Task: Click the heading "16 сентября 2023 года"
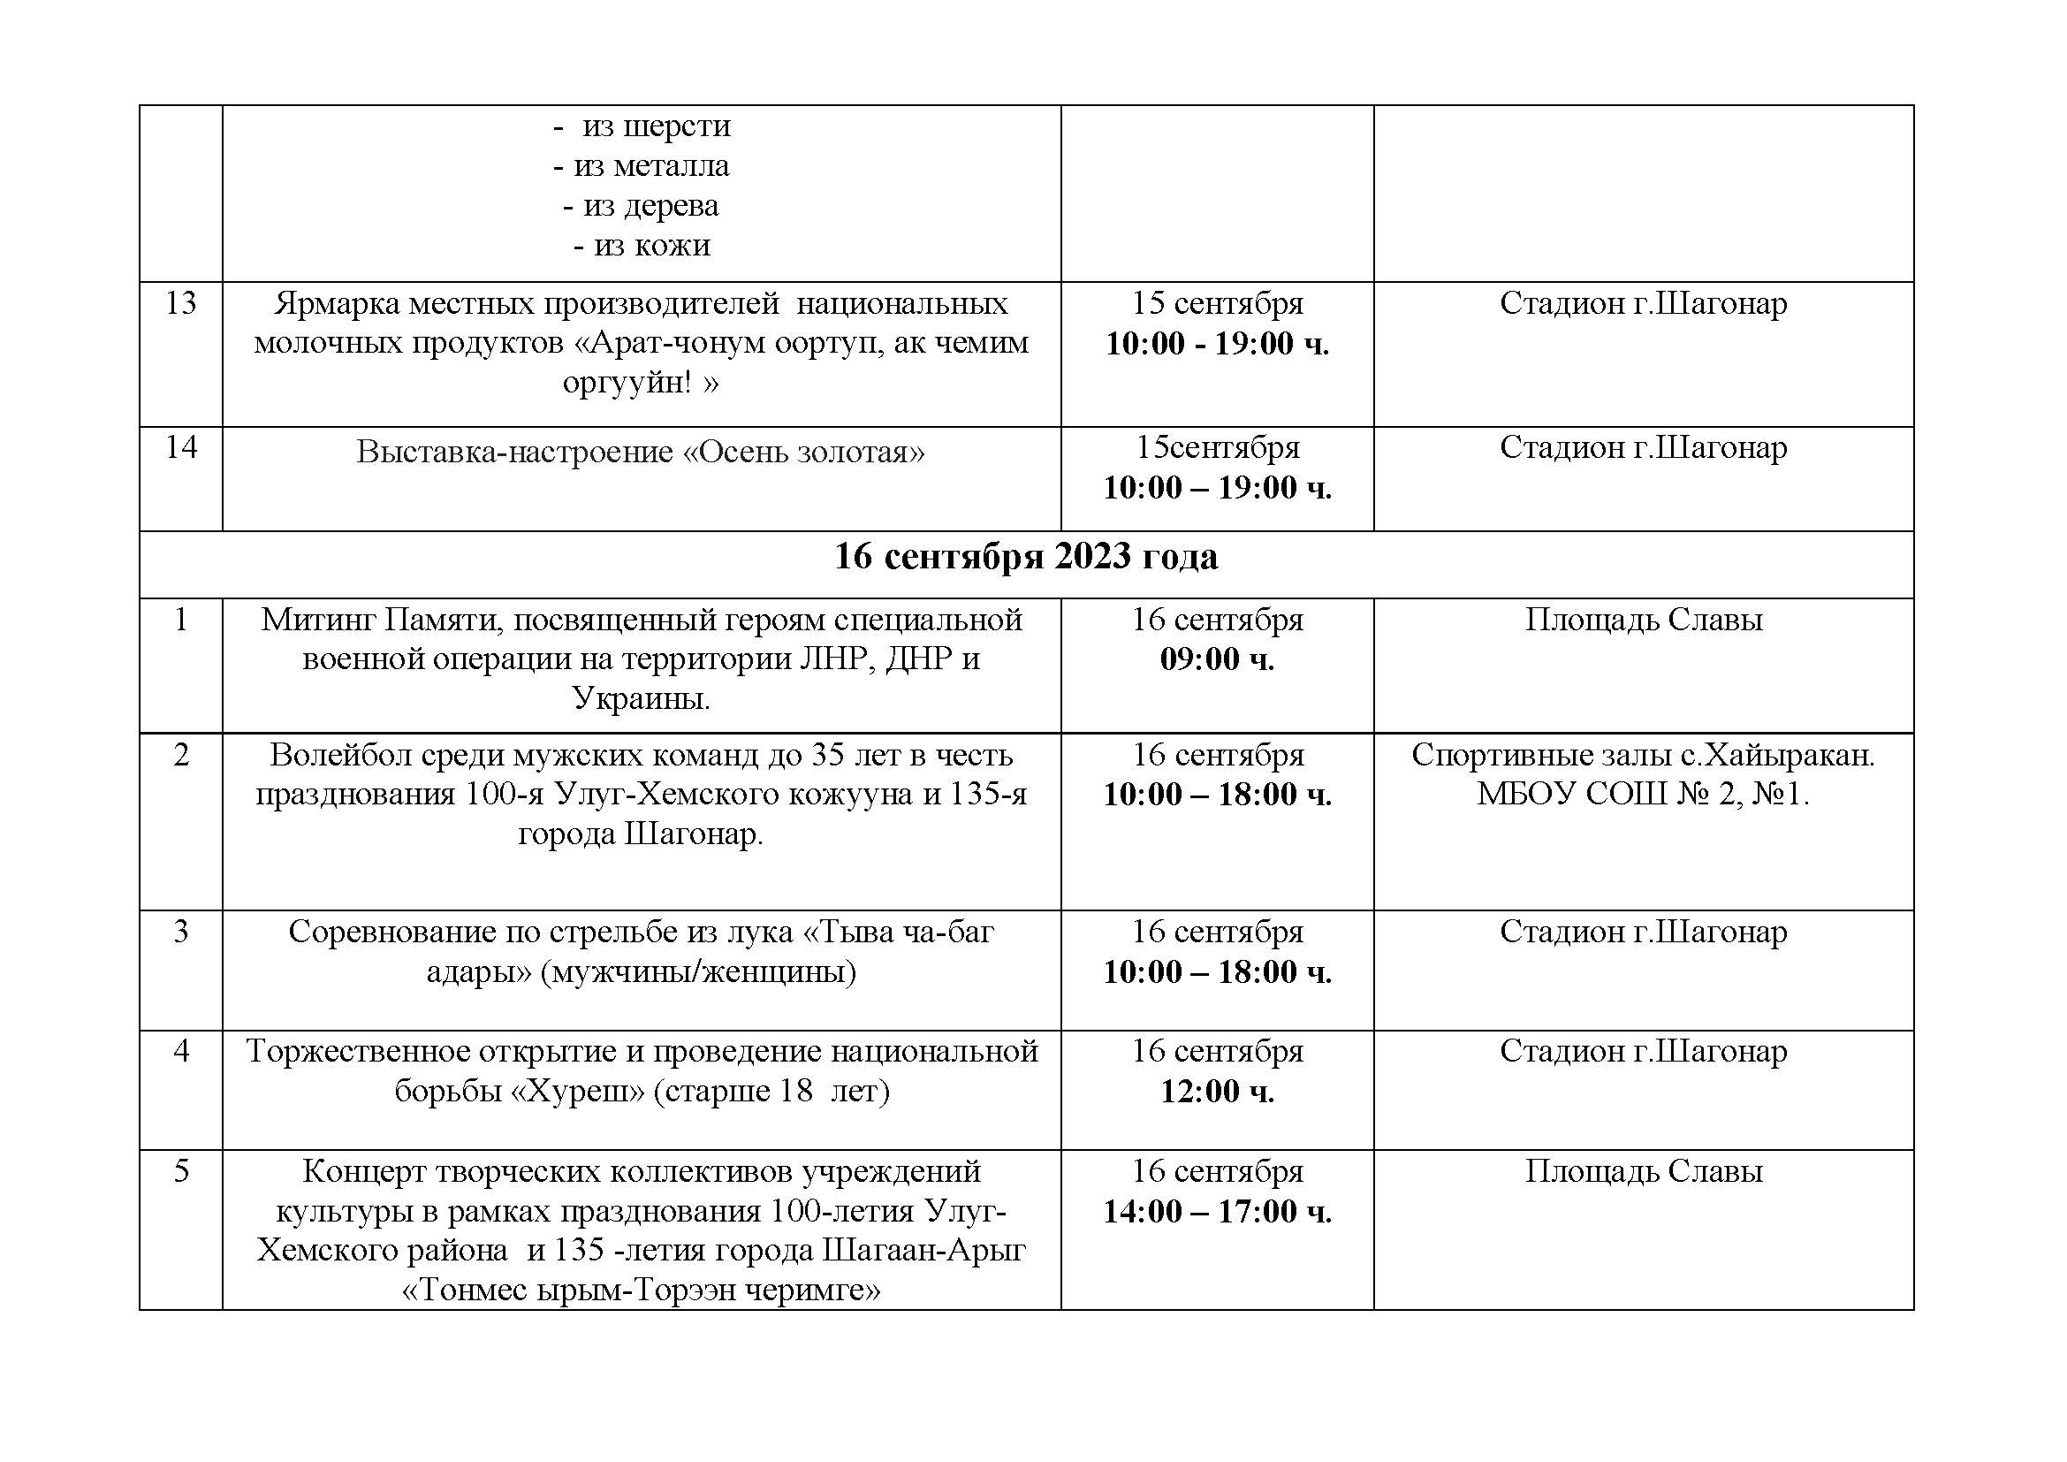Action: click(1025, 557)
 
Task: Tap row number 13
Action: click(181, 303)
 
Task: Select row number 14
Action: click(181, 447)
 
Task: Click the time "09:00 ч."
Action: click(1217, 659)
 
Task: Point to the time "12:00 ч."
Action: click(1217, 1091)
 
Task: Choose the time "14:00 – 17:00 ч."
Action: click(1217, 1212)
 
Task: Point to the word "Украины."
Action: click(641, 698)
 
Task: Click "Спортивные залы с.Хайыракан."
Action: click(1643, 754)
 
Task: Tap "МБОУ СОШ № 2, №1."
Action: click(1643, 794)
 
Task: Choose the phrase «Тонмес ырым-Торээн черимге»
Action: click(641, 1291)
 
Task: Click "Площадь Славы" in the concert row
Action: click(1643, 1171)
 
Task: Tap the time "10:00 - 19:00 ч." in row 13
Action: click(1217, 344)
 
